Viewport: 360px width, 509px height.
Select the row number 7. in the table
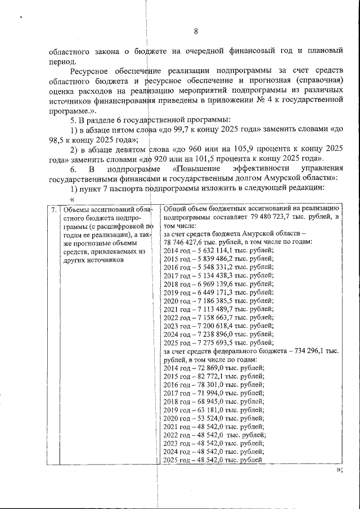[53, 210]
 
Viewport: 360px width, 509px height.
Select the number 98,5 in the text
[58, 139]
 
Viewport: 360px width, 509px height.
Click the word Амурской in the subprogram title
[272, 178]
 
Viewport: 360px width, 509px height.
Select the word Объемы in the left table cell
[75, 210]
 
